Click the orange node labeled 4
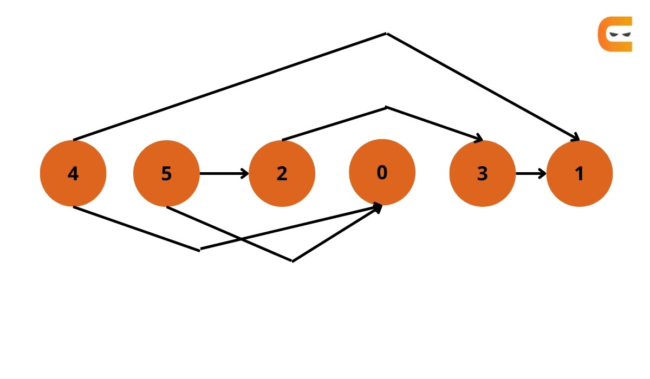point(73,173)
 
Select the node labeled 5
point(166,173)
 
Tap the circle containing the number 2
point(282,173)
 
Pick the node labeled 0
point(382,172)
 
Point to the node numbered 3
point(482,173)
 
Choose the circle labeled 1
point(580,173)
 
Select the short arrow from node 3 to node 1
point(531,173)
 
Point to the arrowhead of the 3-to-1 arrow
point(543,173)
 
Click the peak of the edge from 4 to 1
point(386,34)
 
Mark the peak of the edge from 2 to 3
point(386,107)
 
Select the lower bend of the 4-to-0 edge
point(200,250)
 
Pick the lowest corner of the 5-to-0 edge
point(292,261)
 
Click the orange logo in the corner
point(615,34)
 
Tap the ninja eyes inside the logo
point(620,35)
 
